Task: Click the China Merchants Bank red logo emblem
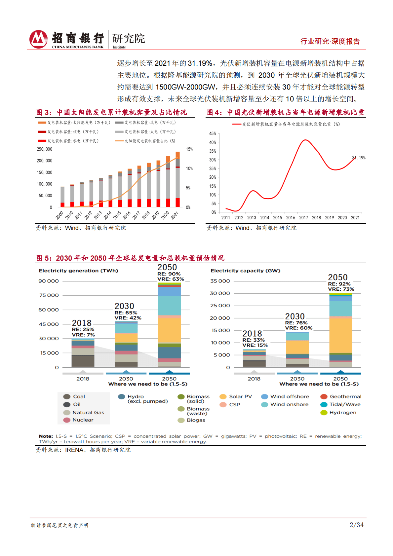point(38,39)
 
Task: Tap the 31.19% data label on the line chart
point(359,158)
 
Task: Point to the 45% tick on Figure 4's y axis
point(213,134)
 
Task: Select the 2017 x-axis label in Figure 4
point(303,218)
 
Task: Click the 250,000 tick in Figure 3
point(45,149)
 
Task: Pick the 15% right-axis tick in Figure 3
point(189,149)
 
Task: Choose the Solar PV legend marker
point(223,396)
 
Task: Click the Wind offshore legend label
point(290,396)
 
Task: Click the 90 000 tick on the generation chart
point(49,281)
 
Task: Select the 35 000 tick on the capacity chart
point(220,281)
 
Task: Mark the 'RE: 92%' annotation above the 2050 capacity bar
point(339,284)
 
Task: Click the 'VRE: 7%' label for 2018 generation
point(83,335)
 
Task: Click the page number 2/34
point(357,525)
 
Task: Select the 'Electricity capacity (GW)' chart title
point(245,271)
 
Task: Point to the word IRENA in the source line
point(74,450)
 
